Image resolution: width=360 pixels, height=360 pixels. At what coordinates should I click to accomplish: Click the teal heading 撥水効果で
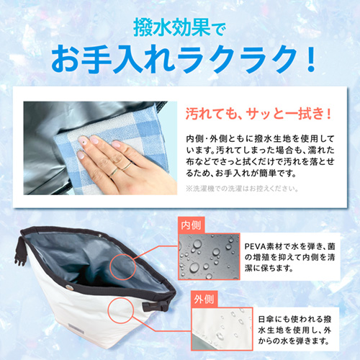pos(179,28)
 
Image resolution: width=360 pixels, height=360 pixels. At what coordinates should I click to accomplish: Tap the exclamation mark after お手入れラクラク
pos(311,59)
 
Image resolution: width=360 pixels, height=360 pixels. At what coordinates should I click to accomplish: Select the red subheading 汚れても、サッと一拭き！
pos(258,114)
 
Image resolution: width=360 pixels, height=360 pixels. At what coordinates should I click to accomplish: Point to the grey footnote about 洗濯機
pos(242,189)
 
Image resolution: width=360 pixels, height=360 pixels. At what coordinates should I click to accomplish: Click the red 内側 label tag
pos(191,225)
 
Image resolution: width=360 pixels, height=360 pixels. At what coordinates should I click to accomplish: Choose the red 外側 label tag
pos(204,299)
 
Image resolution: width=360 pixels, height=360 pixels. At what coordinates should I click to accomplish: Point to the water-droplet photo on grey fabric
pos(209,256)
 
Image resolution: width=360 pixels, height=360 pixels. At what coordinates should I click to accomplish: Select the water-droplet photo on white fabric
pos(222,329)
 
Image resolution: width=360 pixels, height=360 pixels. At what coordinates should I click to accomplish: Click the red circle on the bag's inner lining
pos(123,267)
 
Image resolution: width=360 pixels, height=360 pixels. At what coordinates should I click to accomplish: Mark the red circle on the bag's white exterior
pos(120,310)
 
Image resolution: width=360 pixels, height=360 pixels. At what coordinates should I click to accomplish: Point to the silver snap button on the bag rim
pos(70,287)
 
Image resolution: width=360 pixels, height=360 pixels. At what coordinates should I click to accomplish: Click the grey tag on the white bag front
pos(76,329)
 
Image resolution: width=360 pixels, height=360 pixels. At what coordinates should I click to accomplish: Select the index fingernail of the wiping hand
pos(81,139)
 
